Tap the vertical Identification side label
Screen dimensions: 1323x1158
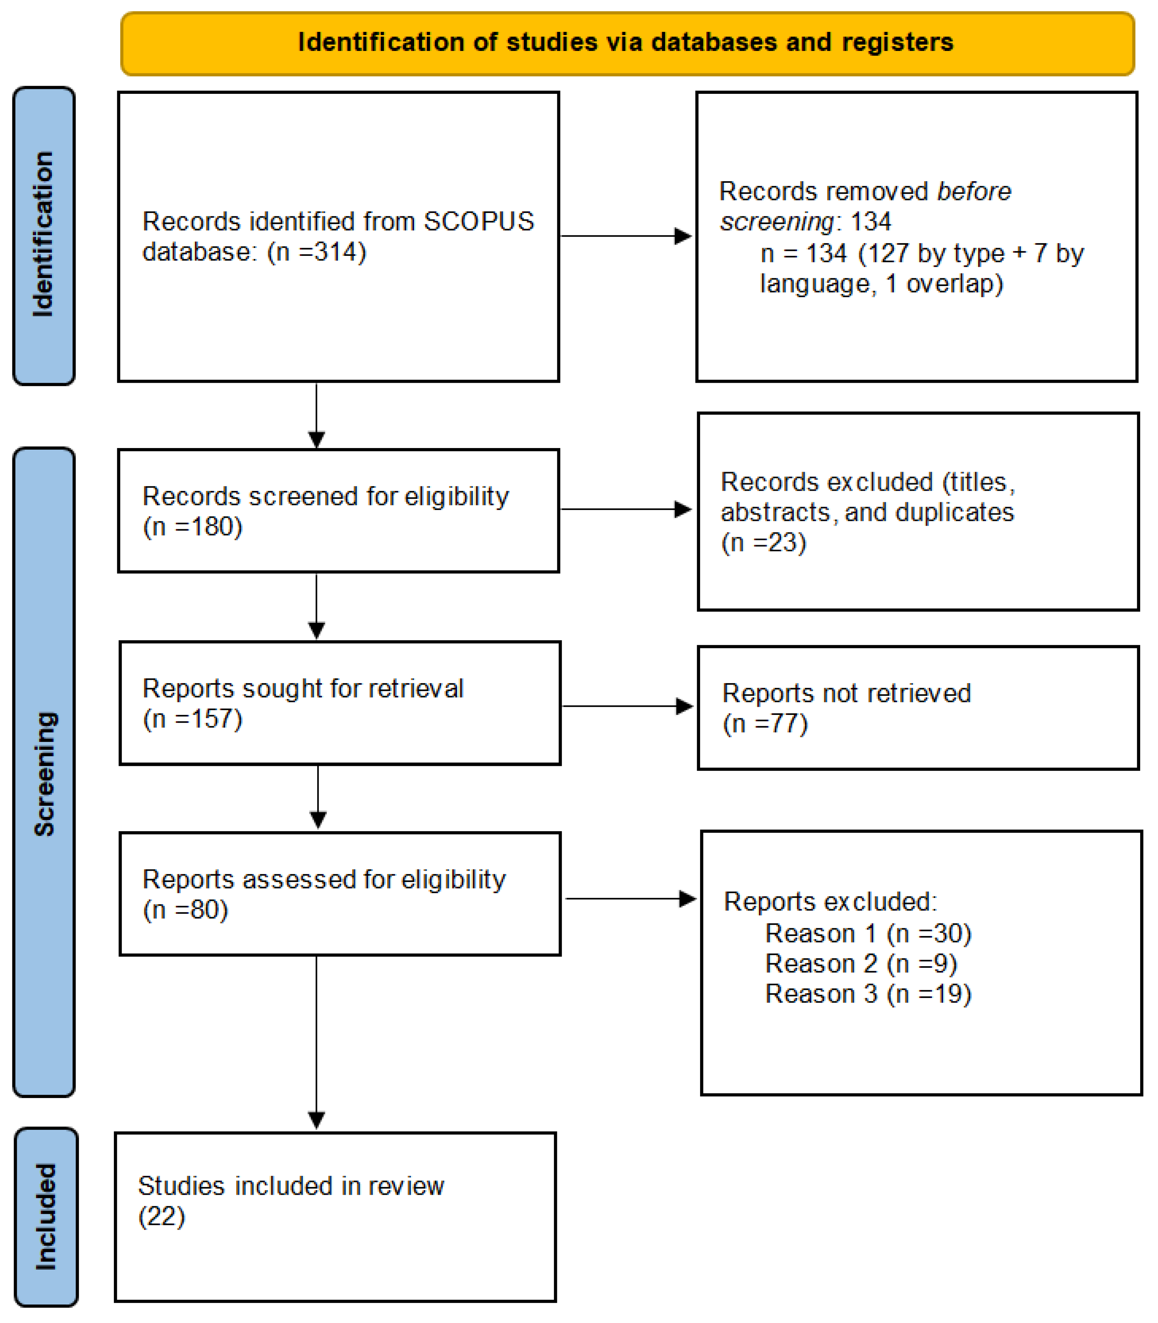[x=43, y=235]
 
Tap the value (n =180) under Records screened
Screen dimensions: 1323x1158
[x=192, y=527]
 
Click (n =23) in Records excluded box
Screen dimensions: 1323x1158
[x=764, y=543]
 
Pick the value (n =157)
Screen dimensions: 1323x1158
[x=192, y=719]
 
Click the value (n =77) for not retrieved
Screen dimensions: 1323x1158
[x=765, y=724]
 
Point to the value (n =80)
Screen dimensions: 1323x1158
[x=185, y=910]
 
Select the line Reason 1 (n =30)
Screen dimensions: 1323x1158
[x=868, y=933]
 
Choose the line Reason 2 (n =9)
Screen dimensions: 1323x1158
[x=861, y=964]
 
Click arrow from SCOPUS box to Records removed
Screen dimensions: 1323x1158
[x=625, y=236]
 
